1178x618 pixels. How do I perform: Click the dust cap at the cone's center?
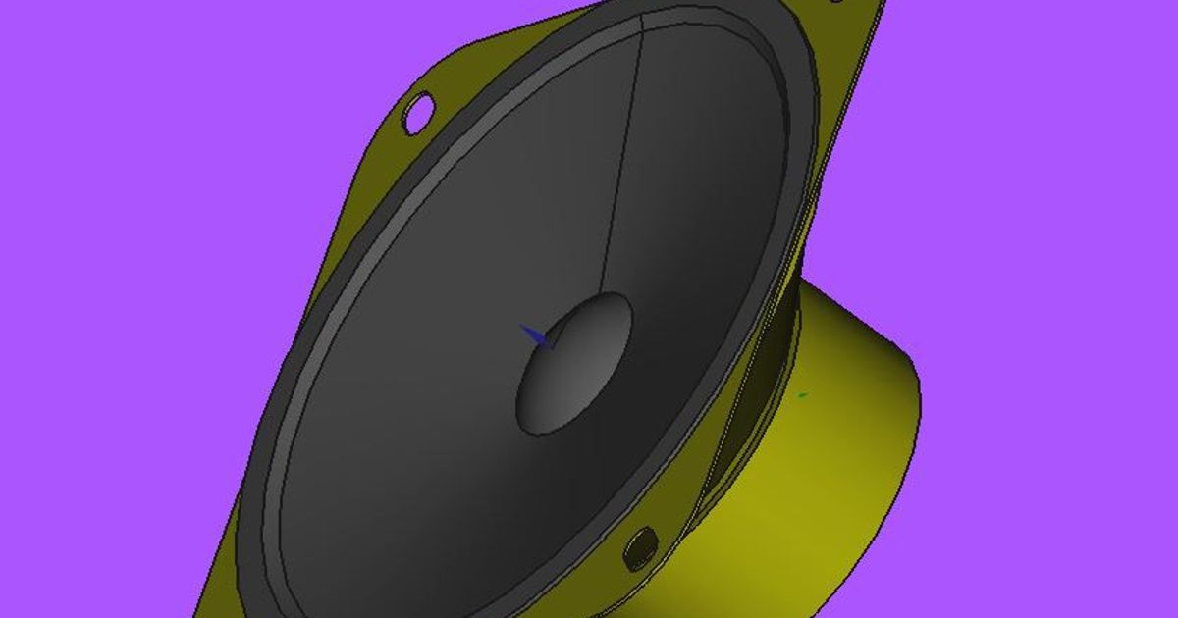574,363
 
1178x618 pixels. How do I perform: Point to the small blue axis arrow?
536,335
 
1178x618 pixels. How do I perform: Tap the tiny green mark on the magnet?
802,395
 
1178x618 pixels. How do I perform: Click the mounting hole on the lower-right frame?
640,546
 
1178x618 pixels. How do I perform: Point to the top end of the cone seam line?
643,18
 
